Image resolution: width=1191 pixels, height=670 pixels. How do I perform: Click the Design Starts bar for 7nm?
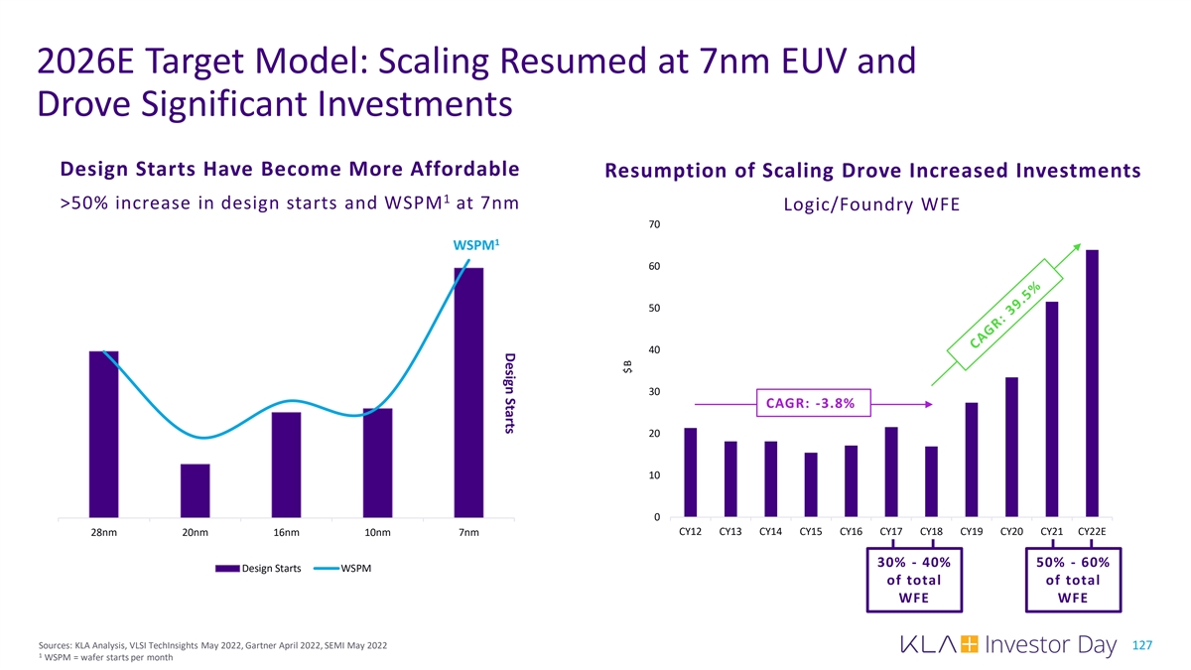pos(468,392)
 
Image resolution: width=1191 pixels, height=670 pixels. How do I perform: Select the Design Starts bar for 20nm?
pos(195,490)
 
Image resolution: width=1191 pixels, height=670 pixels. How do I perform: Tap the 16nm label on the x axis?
pos(286,533)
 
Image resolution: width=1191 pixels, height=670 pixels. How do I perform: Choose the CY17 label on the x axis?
pos(890,532)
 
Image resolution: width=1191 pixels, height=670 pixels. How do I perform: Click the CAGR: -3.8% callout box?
pos(813,402)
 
